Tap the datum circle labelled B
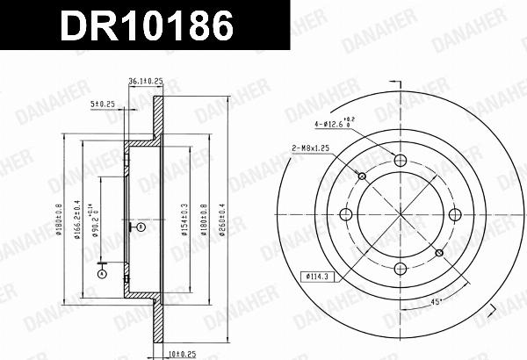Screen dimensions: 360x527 [x=139, y=227]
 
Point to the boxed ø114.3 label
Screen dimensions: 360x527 [x=316, y=277]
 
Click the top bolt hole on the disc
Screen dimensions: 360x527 [x=401, y=160]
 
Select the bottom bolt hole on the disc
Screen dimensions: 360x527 [x=401, y=269]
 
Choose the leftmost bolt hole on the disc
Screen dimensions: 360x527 [x=346, y=214]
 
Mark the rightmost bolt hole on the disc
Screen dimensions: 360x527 [x=455, y=214]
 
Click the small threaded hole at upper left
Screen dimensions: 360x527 [x=362, y=176]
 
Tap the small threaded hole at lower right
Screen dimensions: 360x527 [x=438, y=253]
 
